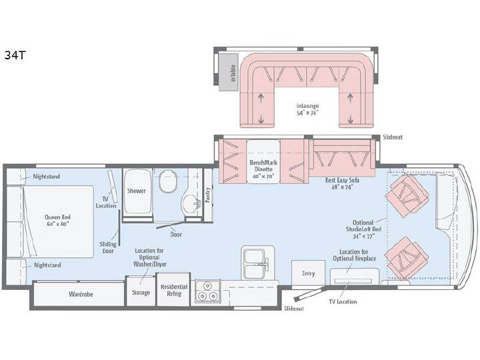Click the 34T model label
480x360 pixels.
[15, 55]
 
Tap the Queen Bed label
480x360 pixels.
[57, 217]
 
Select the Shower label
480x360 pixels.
[137, 191]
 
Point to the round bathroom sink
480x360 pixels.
[191, 204]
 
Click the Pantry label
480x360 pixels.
[208, 195]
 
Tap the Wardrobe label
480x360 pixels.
[81, 294]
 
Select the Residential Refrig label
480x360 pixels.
[174, 290]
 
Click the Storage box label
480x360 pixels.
[141, 293]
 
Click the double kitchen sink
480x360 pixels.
[257, 263]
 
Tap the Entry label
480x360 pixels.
[308, 273]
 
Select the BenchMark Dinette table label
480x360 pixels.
[263, 169]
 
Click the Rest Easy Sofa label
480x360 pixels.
[342, 180]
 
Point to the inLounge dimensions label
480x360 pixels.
[307, 113]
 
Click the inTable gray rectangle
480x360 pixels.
[229, 72]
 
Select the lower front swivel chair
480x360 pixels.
[406, 258]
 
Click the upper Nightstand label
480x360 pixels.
[47, 177]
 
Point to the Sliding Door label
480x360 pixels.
[108, 247]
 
